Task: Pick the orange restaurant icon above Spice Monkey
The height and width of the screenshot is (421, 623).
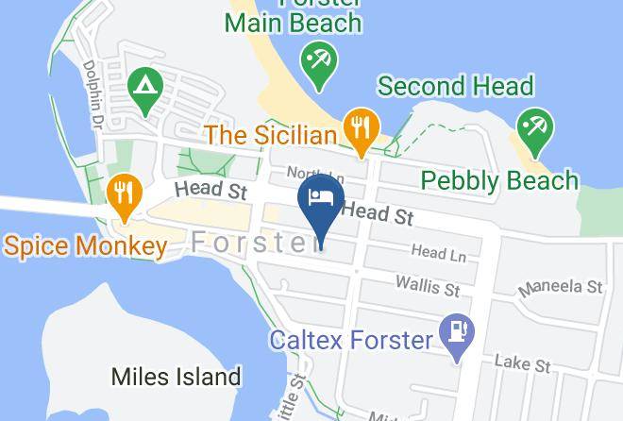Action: [x=124, y=195]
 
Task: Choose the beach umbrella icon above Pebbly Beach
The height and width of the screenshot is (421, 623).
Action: [x=535, y=129]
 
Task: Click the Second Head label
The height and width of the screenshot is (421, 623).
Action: [x=455, y=87]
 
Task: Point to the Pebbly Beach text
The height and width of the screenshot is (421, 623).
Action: [x=498, y=179]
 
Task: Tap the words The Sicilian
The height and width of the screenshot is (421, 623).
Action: [x=271, y=135]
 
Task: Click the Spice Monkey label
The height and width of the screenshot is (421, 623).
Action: [x=85, y=247]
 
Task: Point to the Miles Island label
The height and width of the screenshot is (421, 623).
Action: [x=176, y=377]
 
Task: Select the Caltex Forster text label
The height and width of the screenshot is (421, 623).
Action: [x=351, y=338]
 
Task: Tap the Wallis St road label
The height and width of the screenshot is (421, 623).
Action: [x=428, y=284]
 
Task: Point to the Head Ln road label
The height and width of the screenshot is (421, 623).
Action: [x=439, y=253]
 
